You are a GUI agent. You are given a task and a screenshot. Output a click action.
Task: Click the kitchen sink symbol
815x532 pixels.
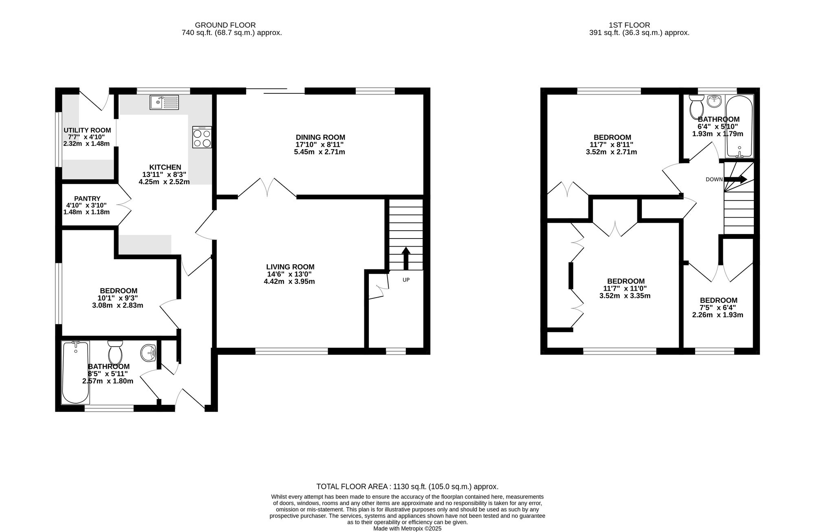[x=164, y=102]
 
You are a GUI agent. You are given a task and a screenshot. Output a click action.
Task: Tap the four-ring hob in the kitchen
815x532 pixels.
[x=202, y=137]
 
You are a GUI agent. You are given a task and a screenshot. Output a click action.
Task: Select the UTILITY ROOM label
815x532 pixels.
[x=87, y=130]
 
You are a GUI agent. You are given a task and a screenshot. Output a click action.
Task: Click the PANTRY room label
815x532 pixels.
[x=87, y=199]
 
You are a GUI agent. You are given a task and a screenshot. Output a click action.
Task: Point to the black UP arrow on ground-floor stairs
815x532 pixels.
[x=406, y=258]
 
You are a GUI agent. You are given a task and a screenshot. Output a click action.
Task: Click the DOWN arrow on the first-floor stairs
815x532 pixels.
[x=735, y=179]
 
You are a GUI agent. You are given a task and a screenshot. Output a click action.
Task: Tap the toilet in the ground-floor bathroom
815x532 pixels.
[x=115, y=353]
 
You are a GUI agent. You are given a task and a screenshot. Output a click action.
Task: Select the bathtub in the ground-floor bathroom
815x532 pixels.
[x=75, y=373]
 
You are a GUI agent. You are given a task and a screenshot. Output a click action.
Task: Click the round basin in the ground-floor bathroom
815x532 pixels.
[x=148, y=353]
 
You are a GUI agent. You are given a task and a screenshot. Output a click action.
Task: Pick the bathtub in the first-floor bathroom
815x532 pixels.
[x=739, y=126]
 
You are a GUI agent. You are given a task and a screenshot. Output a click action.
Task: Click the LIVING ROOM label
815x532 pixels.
[x=290, y=267]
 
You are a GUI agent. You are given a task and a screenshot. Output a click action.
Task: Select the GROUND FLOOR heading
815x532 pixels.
[x=225, y=25]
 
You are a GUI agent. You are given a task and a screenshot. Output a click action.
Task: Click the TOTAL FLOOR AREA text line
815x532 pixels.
[x=407, y=486]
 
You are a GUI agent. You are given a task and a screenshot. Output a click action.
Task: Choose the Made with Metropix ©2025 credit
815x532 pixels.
[x=407, y=528]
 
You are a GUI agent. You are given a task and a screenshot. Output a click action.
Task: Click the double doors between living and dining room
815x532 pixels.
[x=267, y=188]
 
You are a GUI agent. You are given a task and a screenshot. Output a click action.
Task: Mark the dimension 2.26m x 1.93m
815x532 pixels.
[x=718, y=315]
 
